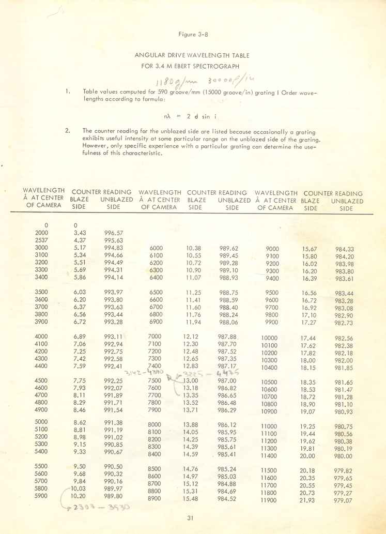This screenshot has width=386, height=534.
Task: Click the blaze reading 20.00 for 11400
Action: click(307, 455)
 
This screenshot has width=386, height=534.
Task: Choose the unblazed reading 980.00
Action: click(343, 456)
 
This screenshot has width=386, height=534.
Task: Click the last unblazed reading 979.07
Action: click(343, 500)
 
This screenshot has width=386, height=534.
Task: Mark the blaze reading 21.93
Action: click(307, 500)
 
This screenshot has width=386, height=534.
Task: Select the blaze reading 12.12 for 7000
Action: click(191, 337)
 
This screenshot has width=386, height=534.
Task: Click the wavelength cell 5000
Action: click(41, 422)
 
